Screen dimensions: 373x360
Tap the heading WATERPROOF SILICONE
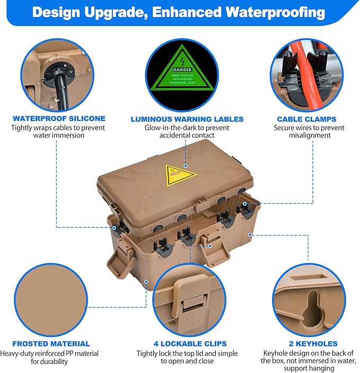click(x=59, y=118)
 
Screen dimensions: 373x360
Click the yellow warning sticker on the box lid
click(x=180, y=174)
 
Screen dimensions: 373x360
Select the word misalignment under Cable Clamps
click(x=309, y=136)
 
